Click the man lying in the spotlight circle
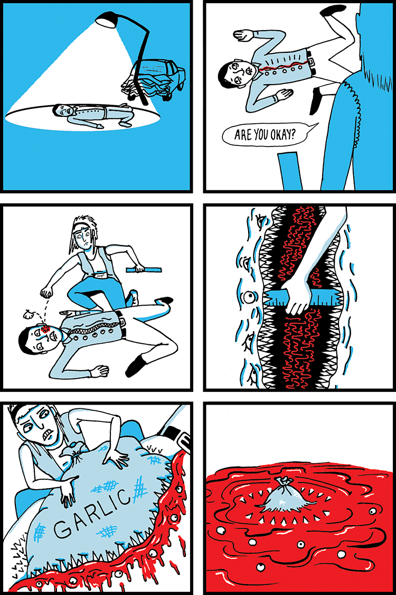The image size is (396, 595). tap(93, 115)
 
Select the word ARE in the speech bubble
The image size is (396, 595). tap(241, 135)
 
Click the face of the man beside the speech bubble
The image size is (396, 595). tap(238, 72)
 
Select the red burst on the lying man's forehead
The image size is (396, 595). tap(46, 328)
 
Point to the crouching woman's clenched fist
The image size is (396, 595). tap(46, 292)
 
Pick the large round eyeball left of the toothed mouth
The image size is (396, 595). tap(249, 297)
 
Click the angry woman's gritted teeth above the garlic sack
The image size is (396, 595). tap(49, 435)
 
